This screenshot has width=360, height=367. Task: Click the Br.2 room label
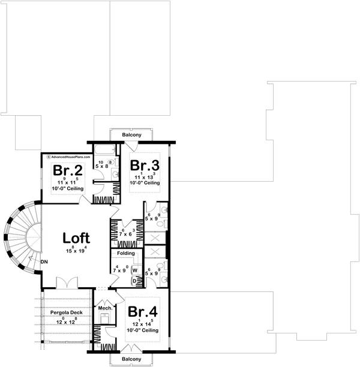coord(65,169)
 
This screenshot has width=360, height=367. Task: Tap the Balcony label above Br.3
coord(131,136)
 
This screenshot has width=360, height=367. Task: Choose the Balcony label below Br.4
coord(131,359)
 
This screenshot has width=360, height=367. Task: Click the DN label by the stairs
coord(44,262)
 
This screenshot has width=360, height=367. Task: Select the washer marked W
coord(135,270)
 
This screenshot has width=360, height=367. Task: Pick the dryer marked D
coord(135,280)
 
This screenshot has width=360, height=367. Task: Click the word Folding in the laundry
coord(125,253)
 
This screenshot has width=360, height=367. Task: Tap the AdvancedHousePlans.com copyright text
coord(68,156)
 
